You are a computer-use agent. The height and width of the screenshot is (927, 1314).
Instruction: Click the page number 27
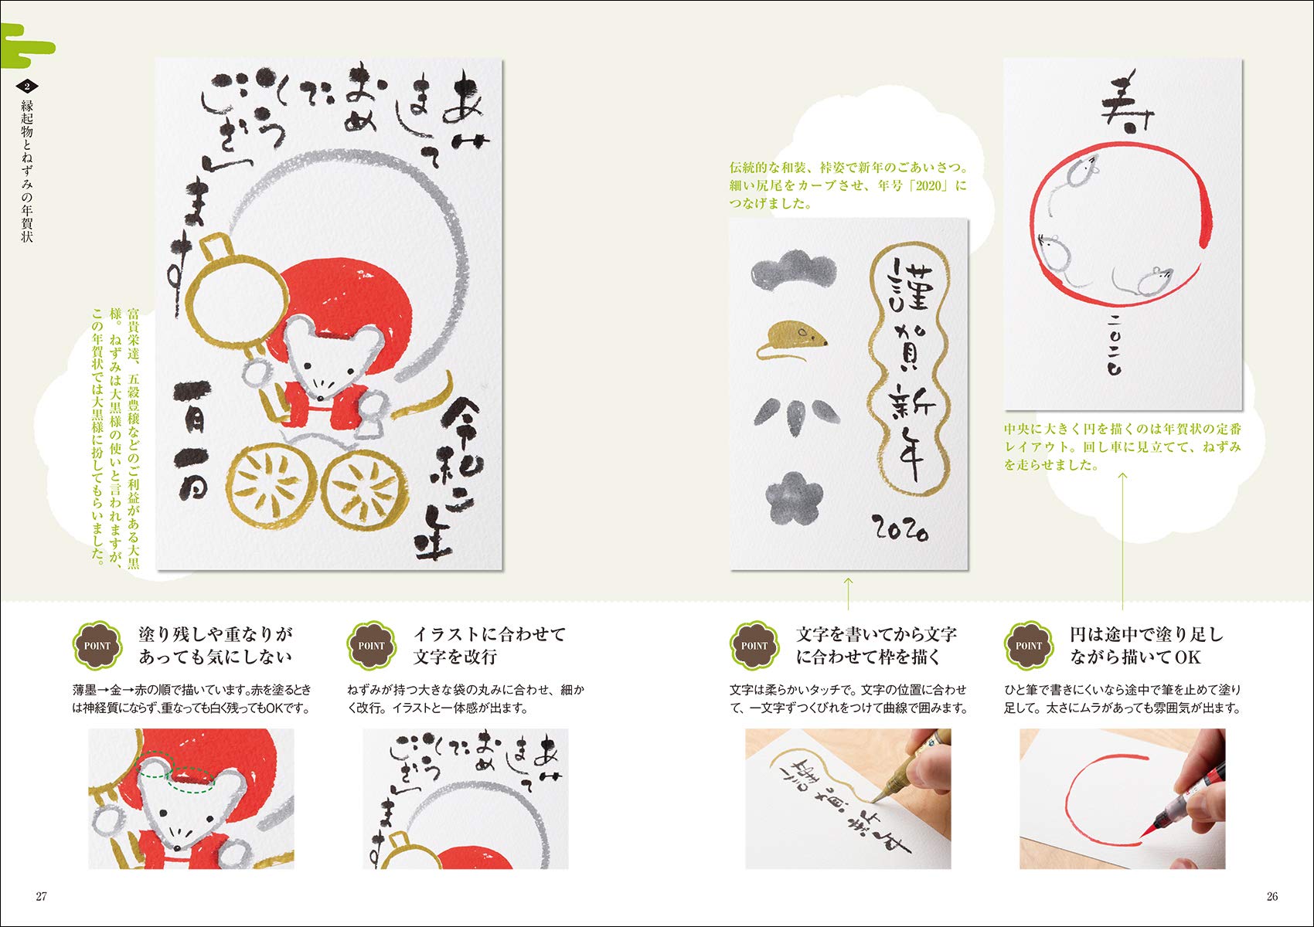tap(42, 896)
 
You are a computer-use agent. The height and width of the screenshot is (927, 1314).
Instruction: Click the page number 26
tap(1272, 896)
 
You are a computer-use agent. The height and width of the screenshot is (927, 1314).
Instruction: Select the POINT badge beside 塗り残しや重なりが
tap(97, 645)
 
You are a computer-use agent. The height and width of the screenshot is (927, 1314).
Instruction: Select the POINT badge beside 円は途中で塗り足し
tap(1029, 645)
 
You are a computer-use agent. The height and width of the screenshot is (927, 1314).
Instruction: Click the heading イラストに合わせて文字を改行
tap(488, 645)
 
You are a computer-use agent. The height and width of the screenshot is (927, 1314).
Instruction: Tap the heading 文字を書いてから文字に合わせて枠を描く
tap(877, 645)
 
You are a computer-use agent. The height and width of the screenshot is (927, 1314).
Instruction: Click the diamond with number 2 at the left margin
tap(28, 86)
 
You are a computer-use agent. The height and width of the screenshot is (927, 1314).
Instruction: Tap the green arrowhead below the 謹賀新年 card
tap(848, 579)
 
